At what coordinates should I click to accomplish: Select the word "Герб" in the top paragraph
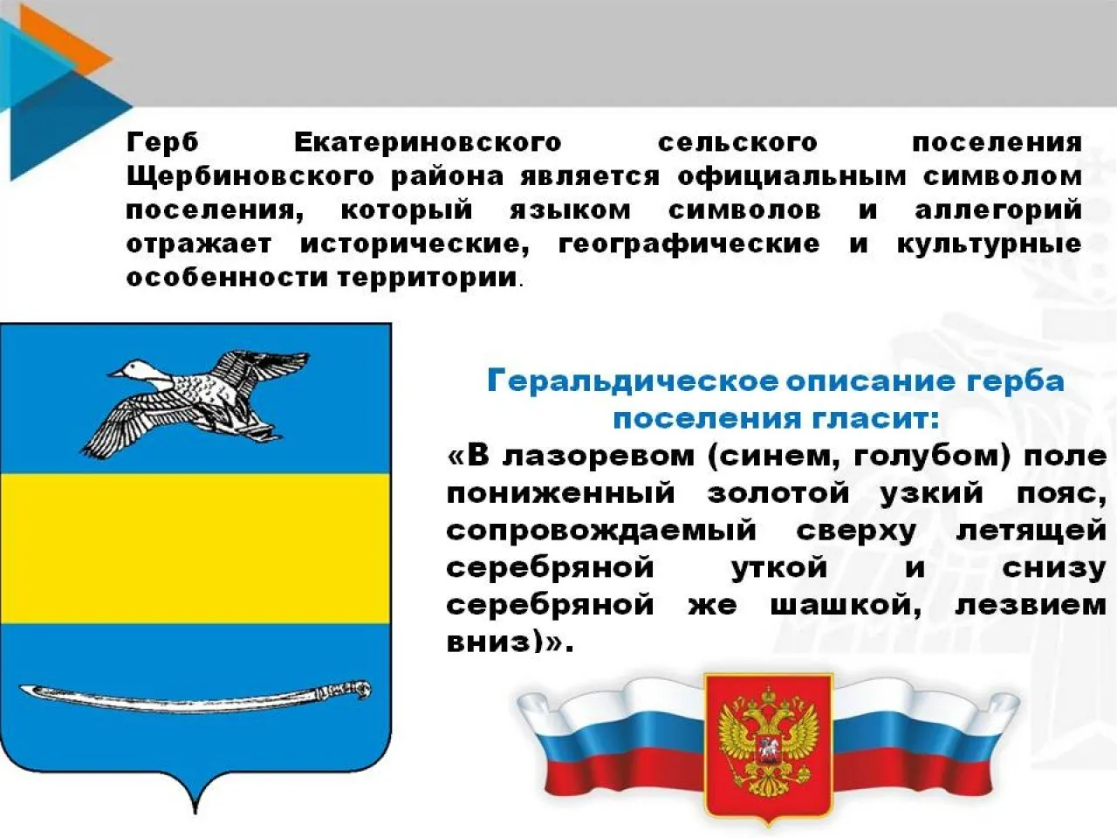point(162,142)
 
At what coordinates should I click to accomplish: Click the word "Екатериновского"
point(427,142)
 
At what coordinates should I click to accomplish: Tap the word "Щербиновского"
point(250,176)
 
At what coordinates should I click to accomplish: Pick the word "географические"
point(689,244)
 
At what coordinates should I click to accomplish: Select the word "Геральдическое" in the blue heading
point(632,381)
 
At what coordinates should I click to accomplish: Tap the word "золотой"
point(778,493)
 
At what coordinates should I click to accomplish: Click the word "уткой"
point(778,567)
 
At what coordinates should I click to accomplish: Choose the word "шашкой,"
point(845,605)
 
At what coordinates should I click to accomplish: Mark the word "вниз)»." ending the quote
point(510,642)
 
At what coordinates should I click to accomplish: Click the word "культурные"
point(989,244)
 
